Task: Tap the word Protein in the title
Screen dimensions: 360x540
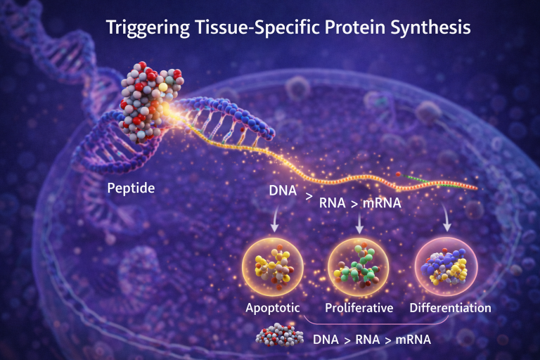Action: click(343, 29)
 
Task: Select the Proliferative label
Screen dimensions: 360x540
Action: click(358, 308)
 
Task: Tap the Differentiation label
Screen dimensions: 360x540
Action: click(450, 308)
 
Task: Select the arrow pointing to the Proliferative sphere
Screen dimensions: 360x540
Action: click(360, 224)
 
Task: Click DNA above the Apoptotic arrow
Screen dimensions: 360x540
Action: click(281, 191)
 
